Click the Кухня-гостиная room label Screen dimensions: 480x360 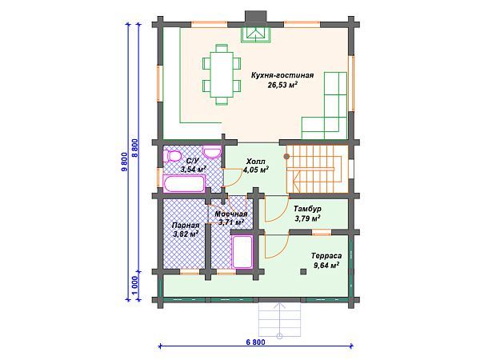[x=282, y=75]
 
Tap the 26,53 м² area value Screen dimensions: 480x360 [x=283, y=85]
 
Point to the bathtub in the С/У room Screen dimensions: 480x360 [x=184, y=183]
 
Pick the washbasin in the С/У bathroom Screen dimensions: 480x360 [x=213, y=153]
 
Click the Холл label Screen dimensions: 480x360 [x=256, y=162]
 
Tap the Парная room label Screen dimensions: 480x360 [x=186, y=226]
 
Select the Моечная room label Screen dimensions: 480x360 [x=231, y=214]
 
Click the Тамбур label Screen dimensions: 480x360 [x=307, y=209]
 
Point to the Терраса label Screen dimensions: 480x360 [x=326, y=256]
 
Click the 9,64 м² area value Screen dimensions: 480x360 [x=326, y=265]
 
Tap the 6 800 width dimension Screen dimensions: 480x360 [x=255, y=342]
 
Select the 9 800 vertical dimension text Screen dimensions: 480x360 [x=124, y=162]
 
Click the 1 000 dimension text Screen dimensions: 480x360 [x=135, y=285]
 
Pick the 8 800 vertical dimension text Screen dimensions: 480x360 [x=135, y=148]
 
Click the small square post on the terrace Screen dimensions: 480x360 [x=303, y=271]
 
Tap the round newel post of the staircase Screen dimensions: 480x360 [x=286, y=157]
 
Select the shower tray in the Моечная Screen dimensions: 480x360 [x=242, y=251]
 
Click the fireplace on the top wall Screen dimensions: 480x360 [x=256, y=34]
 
